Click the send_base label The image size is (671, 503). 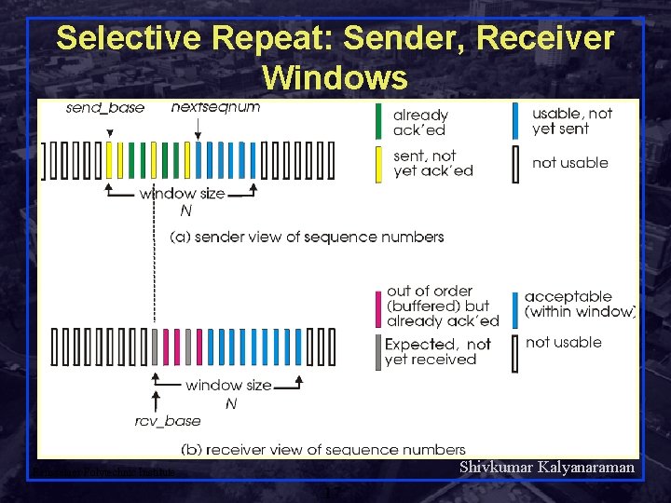pos(105,108)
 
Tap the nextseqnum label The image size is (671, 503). pos(215,107)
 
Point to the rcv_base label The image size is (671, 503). pos(168,422)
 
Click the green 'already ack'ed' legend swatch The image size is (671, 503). pos(377,122)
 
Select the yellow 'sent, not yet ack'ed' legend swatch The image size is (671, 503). pos(377,163)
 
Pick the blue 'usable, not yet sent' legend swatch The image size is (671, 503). pos(515,121)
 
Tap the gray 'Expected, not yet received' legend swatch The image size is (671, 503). pos(377,352)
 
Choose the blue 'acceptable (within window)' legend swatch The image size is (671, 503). pos(515,309)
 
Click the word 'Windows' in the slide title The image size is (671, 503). pos(335,76)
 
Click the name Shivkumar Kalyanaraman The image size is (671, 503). pos(547,468)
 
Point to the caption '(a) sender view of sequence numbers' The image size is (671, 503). pos(307,237)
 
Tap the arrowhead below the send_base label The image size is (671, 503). pos(110,134)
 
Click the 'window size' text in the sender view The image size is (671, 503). pos(182,194)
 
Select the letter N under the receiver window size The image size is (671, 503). pos(231,404)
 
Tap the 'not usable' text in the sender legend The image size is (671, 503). pos(569,163)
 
